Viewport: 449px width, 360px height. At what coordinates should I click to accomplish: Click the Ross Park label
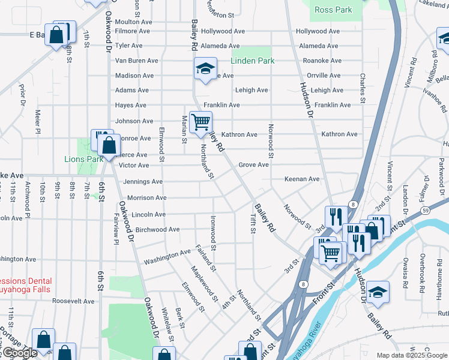[333, 10]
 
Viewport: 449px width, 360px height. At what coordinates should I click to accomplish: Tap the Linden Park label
[253, 61]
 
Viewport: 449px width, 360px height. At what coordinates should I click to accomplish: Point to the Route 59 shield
[425, 211]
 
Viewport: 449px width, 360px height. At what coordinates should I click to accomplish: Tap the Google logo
[19, 353]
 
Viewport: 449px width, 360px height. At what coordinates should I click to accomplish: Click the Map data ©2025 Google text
[411, 355]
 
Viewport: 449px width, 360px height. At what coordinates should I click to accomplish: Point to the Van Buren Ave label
[136, 61]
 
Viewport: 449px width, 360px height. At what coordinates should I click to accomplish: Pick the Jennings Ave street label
[143, 182]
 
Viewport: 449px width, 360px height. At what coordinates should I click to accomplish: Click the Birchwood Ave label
[158, 229]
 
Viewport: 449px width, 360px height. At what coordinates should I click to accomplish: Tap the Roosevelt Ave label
[73, 301]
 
